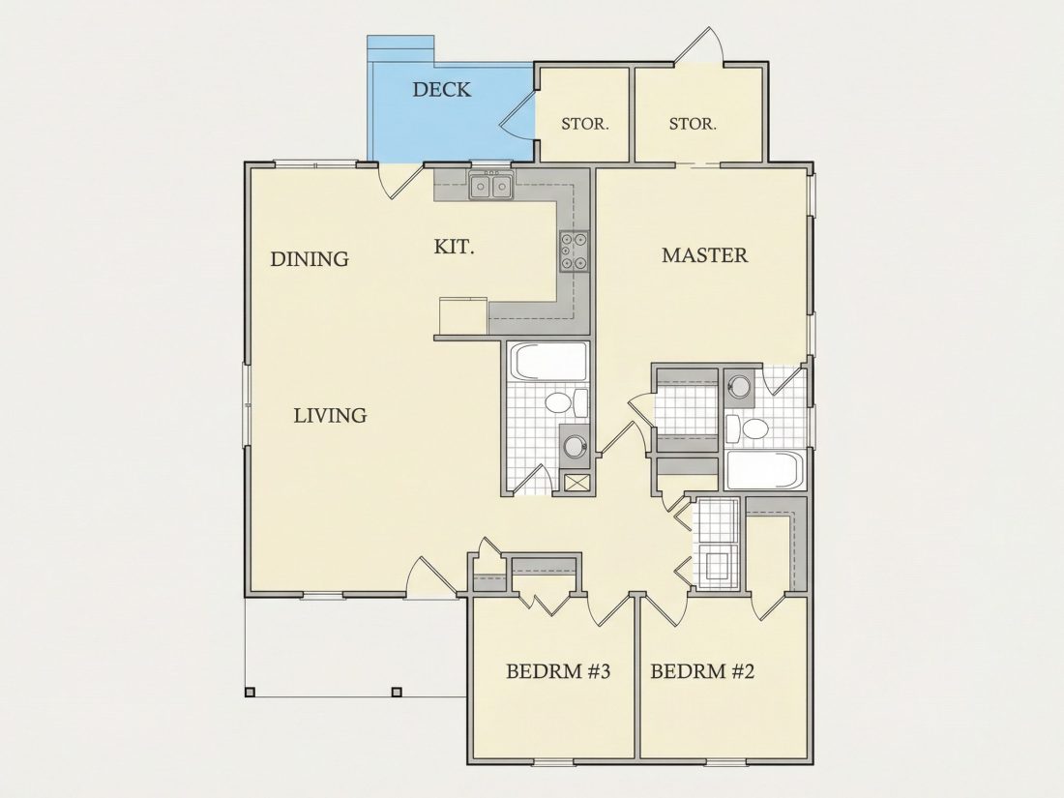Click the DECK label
442,90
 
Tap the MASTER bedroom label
704,255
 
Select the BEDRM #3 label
558,672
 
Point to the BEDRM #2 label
702,672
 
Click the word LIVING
330,415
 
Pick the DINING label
310,259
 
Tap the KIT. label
454,247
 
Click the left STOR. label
585,124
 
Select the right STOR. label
693,124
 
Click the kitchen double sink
490,186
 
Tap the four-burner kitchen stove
574,251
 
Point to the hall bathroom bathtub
549,361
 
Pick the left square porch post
250,693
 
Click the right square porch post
397,693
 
